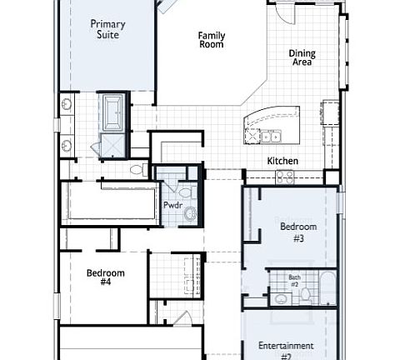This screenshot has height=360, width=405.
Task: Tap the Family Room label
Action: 211,39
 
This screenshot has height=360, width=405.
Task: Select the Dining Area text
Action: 302,57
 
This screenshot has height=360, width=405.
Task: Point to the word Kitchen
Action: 282,161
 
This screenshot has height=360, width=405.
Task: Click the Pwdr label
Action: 172,204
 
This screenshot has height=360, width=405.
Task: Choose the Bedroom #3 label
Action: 297,231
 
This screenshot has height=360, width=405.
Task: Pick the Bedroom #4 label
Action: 106,277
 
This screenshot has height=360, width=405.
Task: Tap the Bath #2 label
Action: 294,281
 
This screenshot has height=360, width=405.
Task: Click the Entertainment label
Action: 285,346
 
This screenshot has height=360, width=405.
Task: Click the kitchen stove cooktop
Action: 285,177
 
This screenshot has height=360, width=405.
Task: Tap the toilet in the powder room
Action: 185,193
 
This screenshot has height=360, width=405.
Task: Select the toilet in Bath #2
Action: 305,294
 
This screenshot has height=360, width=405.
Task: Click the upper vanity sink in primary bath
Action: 66,105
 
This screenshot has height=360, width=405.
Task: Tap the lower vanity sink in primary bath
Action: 66,146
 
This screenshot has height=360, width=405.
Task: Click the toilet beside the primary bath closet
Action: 139,170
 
